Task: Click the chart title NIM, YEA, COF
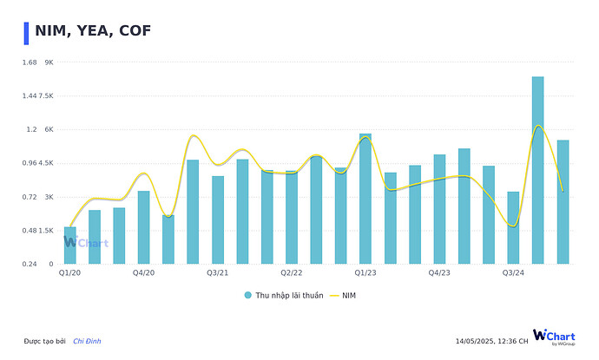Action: coord(93,31)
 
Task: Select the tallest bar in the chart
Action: coord(538,170)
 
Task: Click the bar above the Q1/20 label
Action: coord(69,245)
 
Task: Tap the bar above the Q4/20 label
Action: coord(143,227)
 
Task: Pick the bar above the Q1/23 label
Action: coord(365,199)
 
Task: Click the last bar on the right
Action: coord(563,202)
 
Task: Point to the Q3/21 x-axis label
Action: coord(218,273)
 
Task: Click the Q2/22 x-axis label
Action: coord(291,273)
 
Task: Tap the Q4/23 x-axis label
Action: coord(439,273)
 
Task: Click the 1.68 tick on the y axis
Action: coord(30,62)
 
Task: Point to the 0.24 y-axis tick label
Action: coord(30,265)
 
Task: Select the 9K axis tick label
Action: coord(49,62)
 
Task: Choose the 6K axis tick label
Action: coord(49,130)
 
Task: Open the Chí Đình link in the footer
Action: coord(87,341)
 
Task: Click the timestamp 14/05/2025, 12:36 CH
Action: coord(491,341)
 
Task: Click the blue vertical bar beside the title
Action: coord(26,32)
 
